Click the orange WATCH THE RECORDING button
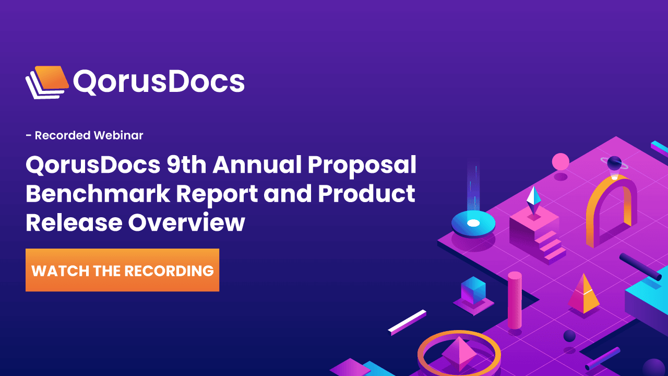122,270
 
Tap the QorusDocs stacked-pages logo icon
47,81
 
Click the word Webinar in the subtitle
118,136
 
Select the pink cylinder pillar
515,300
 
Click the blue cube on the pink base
473,290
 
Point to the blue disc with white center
473,224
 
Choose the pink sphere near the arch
560,161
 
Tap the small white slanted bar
408,322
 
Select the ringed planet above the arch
614,163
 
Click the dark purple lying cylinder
639,266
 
